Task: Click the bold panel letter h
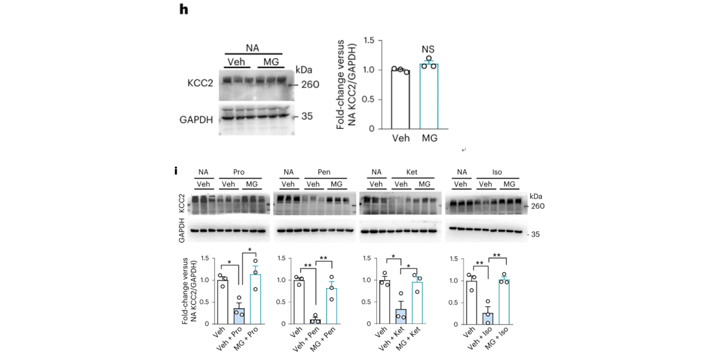tap(183, 10)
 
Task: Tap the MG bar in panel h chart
tap(429, 96)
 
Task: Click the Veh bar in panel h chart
tap(400, 99)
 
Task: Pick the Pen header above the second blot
tap(324, 172)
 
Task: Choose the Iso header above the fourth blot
tap(497, 172)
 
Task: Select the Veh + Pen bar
tap(315, 321)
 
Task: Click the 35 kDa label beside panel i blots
tap(535, 233)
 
